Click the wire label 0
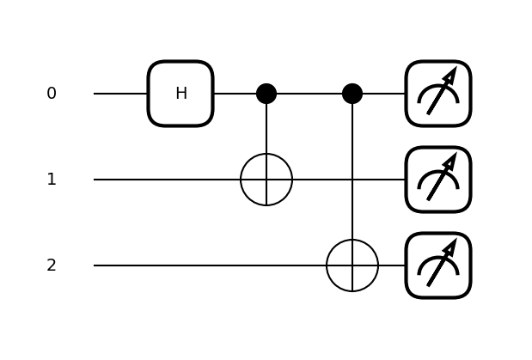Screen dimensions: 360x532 52,94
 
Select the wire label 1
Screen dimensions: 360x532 52,180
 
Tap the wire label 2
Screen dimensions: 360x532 52,265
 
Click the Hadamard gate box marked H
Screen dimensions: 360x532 180,94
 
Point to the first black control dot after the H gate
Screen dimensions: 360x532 266,94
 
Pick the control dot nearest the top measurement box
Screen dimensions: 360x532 352,94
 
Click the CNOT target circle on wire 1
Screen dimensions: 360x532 266,180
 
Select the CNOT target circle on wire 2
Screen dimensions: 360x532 352,265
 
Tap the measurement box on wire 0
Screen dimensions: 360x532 438,94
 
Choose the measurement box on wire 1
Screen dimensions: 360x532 438,180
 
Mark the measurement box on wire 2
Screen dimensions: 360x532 438,265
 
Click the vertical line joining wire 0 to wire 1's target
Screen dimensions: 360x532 266,129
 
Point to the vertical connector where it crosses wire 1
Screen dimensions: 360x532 352,180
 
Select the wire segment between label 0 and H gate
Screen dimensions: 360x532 120,94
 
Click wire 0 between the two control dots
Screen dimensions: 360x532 309,94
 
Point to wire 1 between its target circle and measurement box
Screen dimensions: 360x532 348,180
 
